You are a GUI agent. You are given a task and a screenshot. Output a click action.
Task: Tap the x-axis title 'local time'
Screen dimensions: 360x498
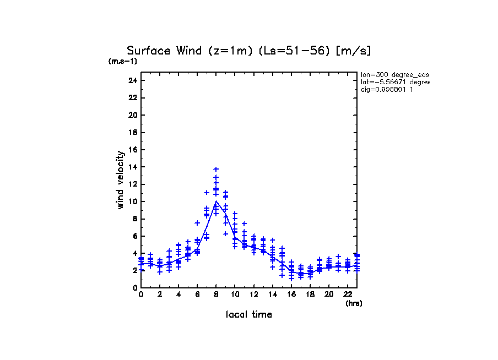pyautogui.click(x=249, y=314)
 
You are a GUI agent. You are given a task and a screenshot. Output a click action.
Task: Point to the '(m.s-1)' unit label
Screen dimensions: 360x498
pyautogui.click(x=122, y=61)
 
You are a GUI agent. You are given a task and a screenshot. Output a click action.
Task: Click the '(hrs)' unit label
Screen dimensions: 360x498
pyautogui.click(x=354, y=303)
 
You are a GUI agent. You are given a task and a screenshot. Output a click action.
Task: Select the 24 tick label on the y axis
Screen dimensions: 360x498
pyautogui.click(x=132, y=80)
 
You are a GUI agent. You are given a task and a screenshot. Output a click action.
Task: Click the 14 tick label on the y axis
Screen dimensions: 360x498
pyautogui.click(x=132, y=167)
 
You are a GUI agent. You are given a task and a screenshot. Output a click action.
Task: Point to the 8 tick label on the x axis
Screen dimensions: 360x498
pyautogui.click(x=216, y=294)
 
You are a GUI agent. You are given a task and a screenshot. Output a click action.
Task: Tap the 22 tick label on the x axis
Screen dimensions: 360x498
pyautogui.click(x=348, y=294)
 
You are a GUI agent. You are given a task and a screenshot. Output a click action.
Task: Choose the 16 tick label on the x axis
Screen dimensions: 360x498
pyautogui.click(x=291, y=294)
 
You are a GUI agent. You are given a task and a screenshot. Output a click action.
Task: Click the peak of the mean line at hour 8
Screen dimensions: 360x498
pyautogui.click(x=216, y=201)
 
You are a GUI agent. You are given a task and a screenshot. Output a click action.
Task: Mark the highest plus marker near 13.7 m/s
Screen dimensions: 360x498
pyautogui.click(x=216, y=169)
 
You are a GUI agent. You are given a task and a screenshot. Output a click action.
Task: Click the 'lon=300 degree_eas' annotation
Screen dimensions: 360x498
pyautogui.click(x=394, y=74)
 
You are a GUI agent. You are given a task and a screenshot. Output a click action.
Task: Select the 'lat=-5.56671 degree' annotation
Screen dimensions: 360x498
pyautogui.click(x=394, y=82)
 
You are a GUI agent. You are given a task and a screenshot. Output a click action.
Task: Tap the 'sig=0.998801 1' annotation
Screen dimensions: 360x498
pyautogui.click(x=387, y=89)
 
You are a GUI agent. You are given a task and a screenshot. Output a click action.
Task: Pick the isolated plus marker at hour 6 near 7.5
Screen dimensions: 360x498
pyautogui.click(x=197, y=223)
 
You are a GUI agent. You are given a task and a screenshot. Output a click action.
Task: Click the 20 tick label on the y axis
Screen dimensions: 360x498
pyautogui.click(x=132, y=115)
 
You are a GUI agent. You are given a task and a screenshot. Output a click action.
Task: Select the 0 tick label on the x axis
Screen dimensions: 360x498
pyautogui.click(x=141, y=294)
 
